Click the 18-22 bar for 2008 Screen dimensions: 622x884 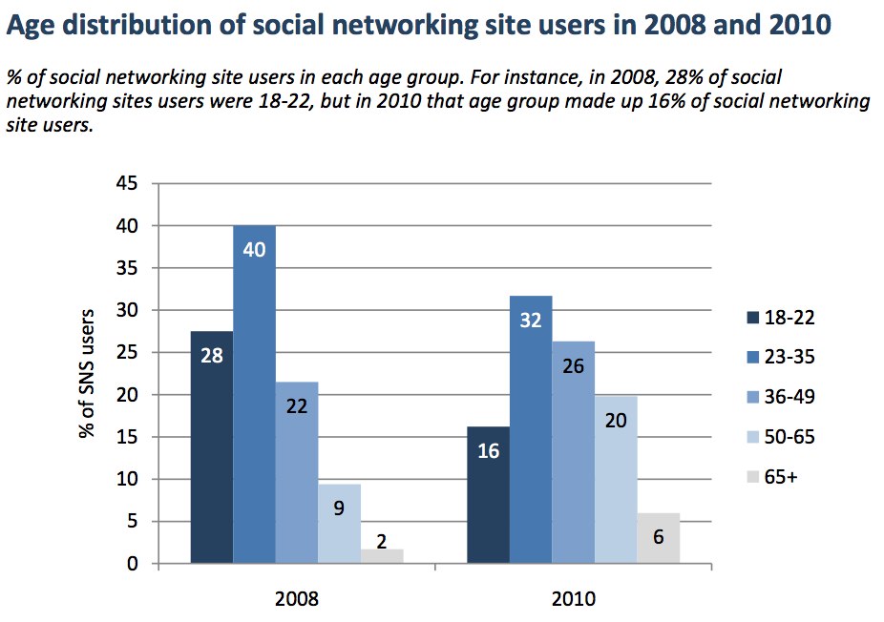click(212, 447)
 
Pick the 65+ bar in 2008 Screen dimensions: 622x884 click(382, 556)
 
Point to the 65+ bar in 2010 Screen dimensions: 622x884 click(658, 538)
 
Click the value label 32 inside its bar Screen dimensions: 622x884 click(531, 321)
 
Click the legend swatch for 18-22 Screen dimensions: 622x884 click(749, 317)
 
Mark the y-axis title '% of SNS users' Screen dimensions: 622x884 click(88, 373)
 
